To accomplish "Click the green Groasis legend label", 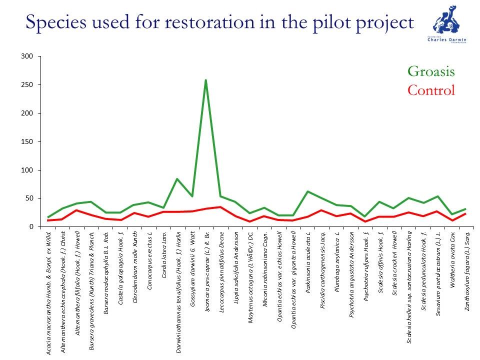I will point(431,71).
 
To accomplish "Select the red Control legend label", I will point(431,90).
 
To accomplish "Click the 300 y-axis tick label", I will point(27,56).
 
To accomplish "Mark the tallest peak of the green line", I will point(206,80).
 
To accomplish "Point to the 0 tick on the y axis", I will point(31,227).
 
